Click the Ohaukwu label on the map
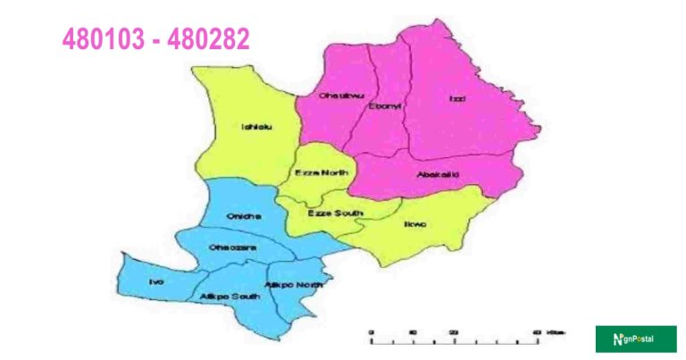[324, 95]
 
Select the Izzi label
[456, 98]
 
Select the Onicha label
[242, 217]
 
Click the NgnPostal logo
[635, 339]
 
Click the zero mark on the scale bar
[371, 332]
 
